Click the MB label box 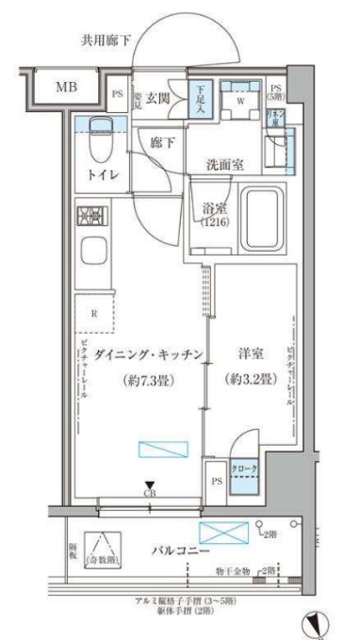(66, 87)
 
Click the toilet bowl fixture (96, 142)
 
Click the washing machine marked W (240, 99)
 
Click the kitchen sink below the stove (95, 252)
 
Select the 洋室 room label (250, 355)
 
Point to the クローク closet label (246, 469)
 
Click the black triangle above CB (149, 484)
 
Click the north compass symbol (318, 623)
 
